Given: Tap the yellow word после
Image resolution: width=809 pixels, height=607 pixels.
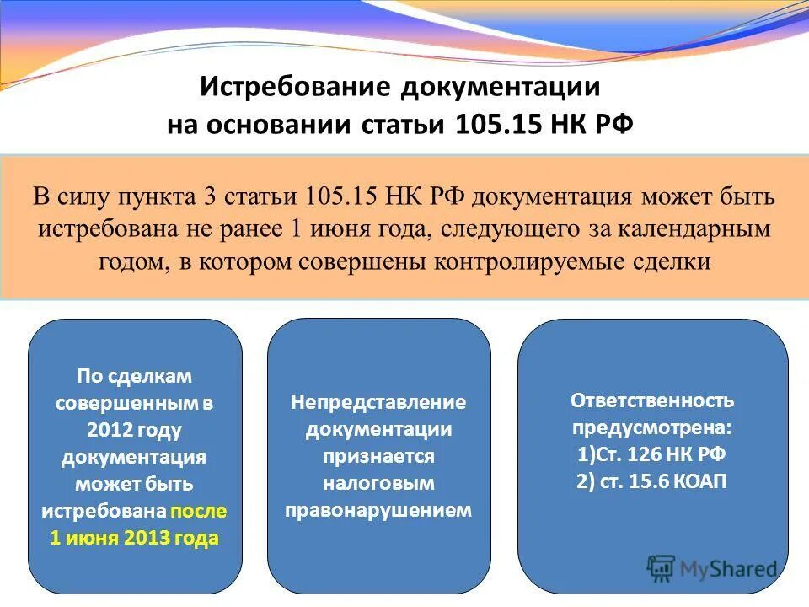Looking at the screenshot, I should (x=198, y=511).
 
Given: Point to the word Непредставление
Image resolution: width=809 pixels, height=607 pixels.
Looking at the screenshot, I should (x=378, y=402).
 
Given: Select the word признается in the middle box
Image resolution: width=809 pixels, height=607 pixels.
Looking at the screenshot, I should (x=378, y=456).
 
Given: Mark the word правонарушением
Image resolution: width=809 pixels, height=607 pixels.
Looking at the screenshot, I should (x=378, y=510).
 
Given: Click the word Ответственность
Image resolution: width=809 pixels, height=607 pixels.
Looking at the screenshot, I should (x=652, y=400).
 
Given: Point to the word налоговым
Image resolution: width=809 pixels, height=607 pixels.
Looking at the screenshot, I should (x=378, y=483).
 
